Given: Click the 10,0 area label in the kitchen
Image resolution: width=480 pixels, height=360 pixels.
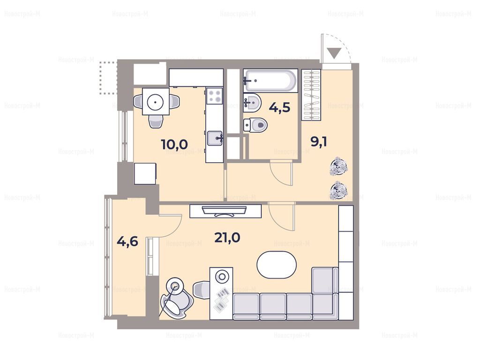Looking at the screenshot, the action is click(x=174, y=144).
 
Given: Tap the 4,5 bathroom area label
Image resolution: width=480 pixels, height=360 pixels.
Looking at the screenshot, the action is click(x=279, y=107).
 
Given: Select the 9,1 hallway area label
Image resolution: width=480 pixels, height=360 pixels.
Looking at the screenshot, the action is click(x=319, y=142).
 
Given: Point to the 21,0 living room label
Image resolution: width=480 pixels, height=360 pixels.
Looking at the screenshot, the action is click(x=227, y=237).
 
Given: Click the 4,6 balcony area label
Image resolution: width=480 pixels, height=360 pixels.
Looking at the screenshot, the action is click(x=127, y=241).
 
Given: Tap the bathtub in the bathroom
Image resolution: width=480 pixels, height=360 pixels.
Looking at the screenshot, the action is click(x=270, y=81).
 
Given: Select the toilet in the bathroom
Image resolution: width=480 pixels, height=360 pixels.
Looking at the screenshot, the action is click(x=255, y=125).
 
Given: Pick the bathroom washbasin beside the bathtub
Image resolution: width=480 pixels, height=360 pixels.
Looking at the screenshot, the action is click(x=252, y=102).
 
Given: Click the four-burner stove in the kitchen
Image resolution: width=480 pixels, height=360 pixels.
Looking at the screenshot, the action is click(x=214, y=95).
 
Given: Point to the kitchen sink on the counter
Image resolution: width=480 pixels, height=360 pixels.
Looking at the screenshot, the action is click(x=215, y=138).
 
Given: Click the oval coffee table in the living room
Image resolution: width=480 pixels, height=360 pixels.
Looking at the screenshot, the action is click(x=277, y=265).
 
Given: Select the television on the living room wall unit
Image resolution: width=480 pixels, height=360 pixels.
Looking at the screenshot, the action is click(x=225, y=211).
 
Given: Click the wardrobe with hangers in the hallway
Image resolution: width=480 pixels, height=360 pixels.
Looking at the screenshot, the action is click(x=311, y=95).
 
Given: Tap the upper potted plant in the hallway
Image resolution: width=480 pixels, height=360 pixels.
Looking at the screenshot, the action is click(x=338, y=166).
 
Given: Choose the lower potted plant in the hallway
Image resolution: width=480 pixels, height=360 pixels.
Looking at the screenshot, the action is click(x=338, y=190).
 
